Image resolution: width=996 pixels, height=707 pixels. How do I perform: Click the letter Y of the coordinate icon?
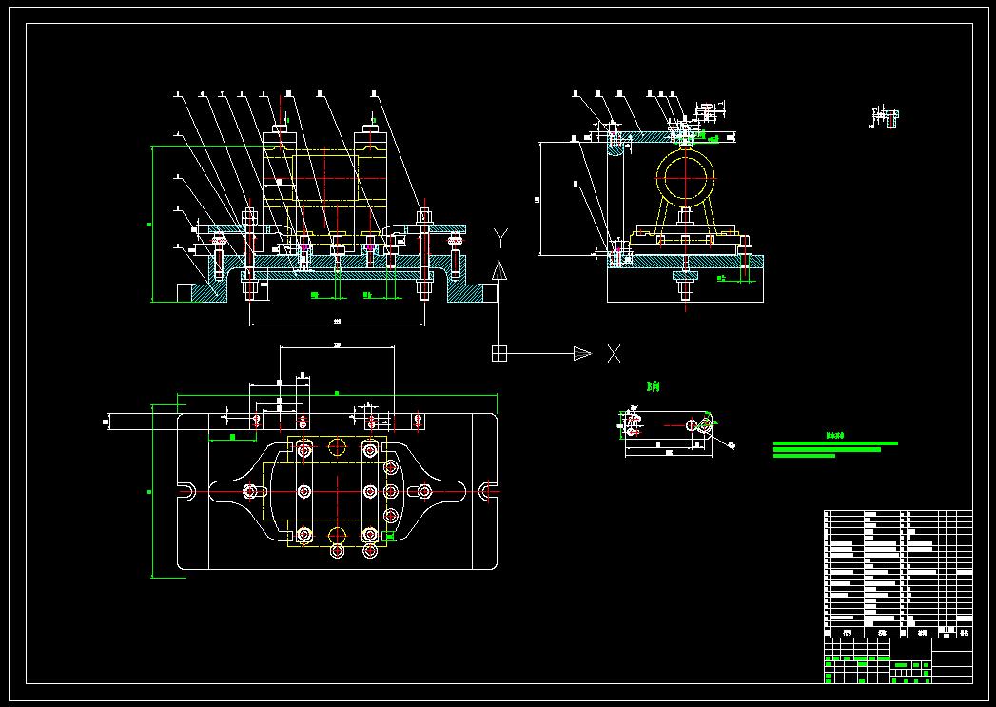[502, 236]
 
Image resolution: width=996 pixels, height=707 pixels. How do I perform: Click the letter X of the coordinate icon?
[614, 354]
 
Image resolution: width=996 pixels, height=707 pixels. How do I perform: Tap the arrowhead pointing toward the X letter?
[581, 354]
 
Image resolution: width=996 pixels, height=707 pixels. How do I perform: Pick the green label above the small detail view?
[653, 387]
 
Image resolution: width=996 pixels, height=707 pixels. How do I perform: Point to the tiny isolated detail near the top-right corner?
[885, 116]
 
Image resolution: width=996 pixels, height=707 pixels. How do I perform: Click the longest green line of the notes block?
[835, 442]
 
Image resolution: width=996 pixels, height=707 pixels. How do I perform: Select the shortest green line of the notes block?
[804, 456]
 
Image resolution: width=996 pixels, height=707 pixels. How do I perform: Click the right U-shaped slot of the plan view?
[488, 491]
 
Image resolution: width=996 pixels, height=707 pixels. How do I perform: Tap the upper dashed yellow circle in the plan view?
[338, 447]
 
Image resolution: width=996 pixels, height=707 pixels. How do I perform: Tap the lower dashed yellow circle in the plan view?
[337, 535]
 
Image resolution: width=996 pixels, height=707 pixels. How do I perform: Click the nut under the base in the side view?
[685, 278]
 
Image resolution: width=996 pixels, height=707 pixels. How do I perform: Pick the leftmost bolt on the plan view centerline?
[250, 491]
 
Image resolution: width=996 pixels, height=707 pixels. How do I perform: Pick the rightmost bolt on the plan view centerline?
[424, 491]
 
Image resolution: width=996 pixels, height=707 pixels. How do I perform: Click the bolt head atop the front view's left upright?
[281, 128]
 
